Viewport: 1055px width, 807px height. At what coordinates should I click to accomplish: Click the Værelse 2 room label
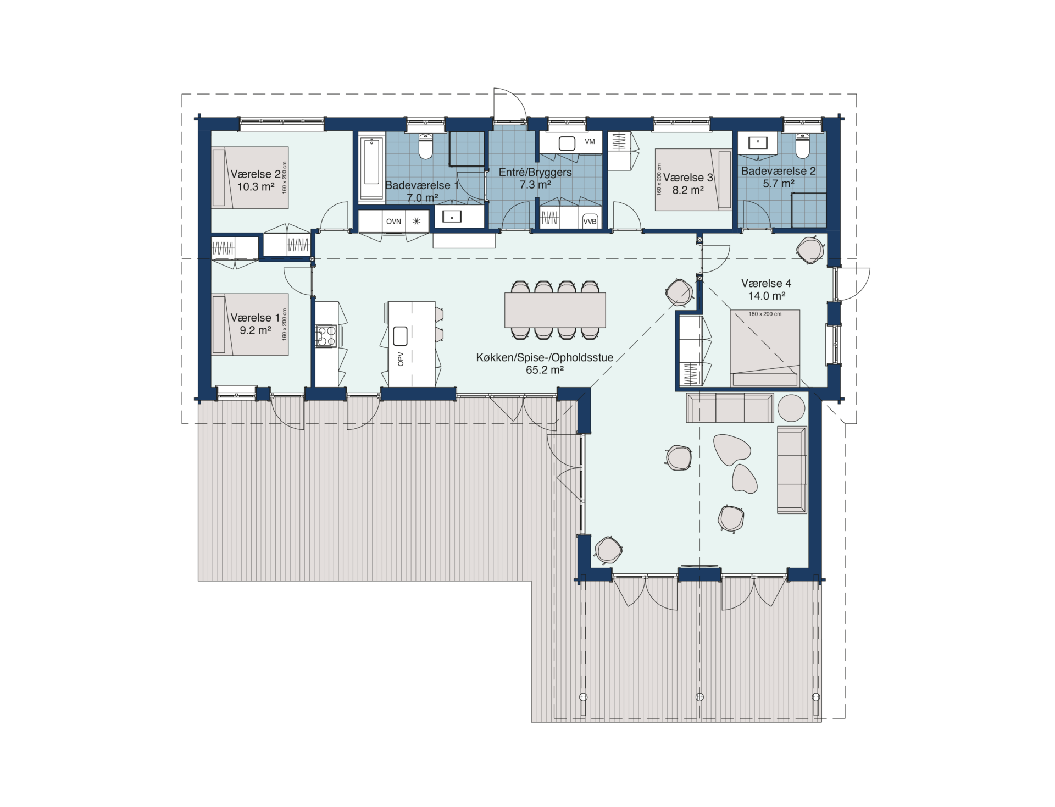(x=256, y=174)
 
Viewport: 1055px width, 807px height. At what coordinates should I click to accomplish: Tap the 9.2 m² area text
(x=256, y=330)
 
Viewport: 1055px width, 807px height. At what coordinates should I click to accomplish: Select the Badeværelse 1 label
(x=421, y=185)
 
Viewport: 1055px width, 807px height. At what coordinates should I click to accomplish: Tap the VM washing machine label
(x=590, y=142)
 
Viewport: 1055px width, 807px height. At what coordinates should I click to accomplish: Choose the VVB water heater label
(x=590, y=222)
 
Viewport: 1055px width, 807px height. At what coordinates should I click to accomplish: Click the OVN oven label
(x=393, y=222)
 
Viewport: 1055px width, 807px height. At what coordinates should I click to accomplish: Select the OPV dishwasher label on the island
(x=401, y=359)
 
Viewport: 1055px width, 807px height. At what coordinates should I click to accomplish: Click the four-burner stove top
(x=326, y=336)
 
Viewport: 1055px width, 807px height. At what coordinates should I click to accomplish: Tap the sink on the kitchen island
(x=400, y=335)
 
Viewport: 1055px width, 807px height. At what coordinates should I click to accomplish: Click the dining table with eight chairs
(x=555, y=310)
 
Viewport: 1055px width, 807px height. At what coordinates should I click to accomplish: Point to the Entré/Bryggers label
(x=535, y=172)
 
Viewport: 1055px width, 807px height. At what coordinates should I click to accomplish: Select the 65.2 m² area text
(x=545, y=370)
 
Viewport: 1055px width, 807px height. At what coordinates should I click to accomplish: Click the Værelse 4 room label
(x=766, y=284)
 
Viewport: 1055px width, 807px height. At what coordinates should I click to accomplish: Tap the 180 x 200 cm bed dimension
(x=765, y=314)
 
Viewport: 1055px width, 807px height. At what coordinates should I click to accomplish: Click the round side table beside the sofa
(x=791, y=408)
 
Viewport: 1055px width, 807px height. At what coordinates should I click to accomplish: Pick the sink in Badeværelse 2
(x=758, y=143)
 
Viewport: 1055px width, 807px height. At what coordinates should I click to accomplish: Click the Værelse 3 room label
(x=688, y=178)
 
